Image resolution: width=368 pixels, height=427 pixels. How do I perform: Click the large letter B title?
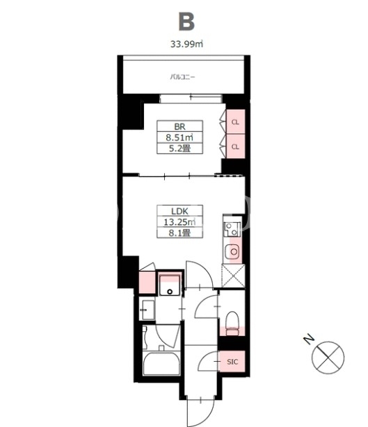(x=186, y=22)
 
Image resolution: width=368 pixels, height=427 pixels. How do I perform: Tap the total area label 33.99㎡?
(x=186, y=44)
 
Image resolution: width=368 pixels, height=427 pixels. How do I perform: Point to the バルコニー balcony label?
(x=183, y=77)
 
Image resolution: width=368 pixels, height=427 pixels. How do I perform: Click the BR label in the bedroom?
(x=179, y=126)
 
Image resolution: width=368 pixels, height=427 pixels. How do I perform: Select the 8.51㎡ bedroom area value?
(x=179, y=137)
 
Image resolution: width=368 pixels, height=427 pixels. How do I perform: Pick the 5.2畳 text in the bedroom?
(x=179, y=149)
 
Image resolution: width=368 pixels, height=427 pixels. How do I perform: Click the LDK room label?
(x=179, y=211)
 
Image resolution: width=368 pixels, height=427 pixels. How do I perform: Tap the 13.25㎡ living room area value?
(x=179, y=222)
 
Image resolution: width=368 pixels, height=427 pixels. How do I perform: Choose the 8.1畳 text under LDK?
(x=179, y=233)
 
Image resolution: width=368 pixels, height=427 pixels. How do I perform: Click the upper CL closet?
(x=235, y=122)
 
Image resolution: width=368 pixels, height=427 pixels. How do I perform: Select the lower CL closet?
(x=235, y=146)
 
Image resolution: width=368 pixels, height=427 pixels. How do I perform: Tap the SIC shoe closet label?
(x=232, y=362)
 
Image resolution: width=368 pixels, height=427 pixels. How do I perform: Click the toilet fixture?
(x=232, y=324)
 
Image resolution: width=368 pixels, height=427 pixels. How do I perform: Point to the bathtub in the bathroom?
(x=161, y=364)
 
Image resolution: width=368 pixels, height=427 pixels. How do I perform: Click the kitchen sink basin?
(x=233, y=251)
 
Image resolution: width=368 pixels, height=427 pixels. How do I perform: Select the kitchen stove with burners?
(x=232, y=229)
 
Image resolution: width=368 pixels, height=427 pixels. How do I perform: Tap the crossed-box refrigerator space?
(x=234, y=276)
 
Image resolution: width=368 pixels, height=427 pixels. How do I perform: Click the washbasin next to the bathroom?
(x=147, y=310)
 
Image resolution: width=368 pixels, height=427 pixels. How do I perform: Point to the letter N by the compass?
(x=309, y=340)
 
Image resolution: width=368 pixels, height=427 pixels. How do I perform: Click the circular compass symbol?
(x=328, y=357)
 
